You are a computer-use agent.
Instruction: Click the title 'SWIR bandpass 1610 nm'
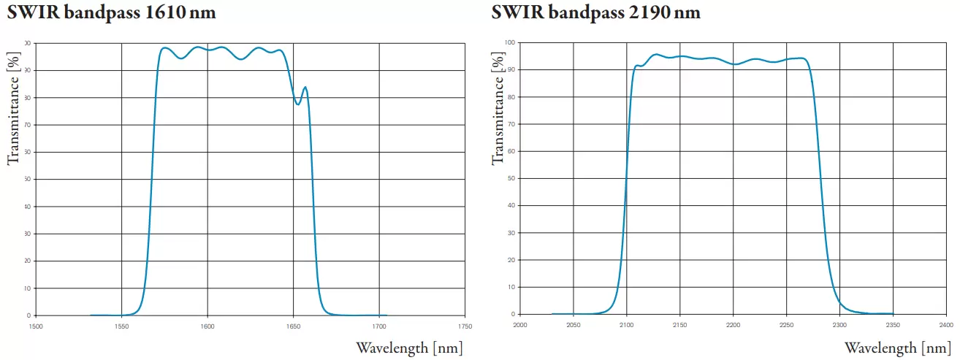112,12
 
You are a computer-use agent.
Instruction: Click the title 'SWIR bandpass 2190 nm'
595,12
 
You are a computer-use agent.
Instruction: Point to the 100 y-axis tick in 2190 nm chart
511,42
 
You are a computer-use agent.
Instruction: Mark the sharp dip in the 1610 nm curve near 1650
297,104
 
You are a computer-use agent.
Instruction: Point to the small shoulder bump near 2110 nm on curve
637,66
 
